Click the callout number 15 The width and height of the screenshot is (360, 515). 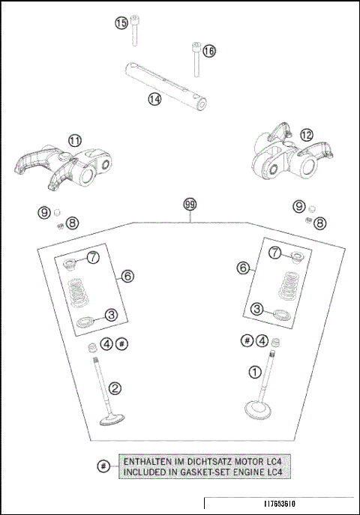tap(121, 24)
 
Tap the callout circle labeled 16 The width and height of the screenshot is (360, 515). tap(209, 50)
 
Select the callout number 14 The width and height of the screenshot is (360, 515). tap(154, 98)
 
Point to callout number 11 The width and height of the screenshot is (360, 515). tap(75, 140)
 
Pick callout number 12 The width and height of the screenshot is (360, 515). tap(306, 135)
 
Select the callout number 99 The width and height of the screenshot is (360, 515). tap(191, 205)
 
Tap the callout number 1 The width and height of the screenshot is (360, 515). tap(254, 371)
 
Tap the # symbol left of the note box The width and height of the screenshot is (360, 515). tap(103, 466)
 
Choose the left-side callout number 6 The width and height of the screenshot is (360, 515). tap(128, 277)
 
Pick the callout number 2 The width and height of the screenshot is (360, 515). tap(115, 388)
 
